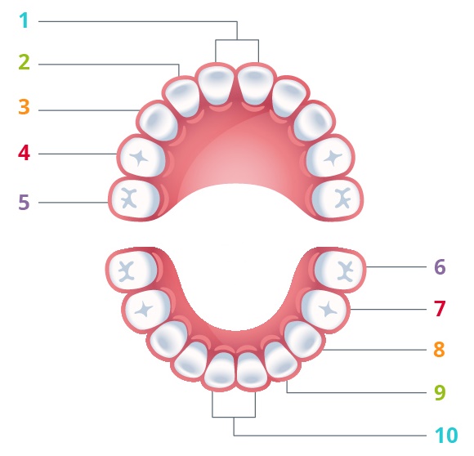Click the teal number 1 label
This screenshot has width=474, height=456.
25,21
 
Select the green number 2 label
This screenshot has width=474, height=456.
25,62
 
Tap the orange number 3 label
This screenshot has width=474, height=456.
25,107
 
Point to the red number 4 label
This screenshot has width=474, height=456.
25,153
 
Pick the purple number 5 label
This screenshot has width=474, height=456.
25,202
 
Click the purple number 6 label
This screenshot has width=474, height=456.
440,266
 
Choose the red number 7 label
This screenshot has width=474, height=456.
440,308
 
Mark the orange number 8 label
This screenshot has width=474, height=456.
439,349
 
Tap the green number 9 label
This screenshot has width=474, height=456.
440,392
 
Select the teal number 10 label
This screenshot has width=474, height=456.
446,436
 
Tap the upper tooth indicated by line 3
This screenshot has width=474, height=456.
159,122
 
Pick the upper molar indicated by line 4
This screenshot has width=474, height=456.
143,157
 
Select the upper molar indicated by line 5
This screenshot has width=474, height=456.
135,199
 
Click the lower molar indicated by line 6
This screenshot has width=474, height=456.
338,270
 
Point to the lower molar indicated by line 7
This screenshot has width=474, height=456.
324,311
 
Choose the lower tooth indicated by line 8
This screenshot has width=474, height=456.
303,340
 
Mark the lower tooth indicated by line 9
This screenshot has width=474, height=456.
281,360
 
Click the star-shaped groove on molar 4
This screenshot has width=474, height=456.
139,158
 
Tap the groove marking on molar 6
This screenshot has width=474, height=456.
346,270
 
